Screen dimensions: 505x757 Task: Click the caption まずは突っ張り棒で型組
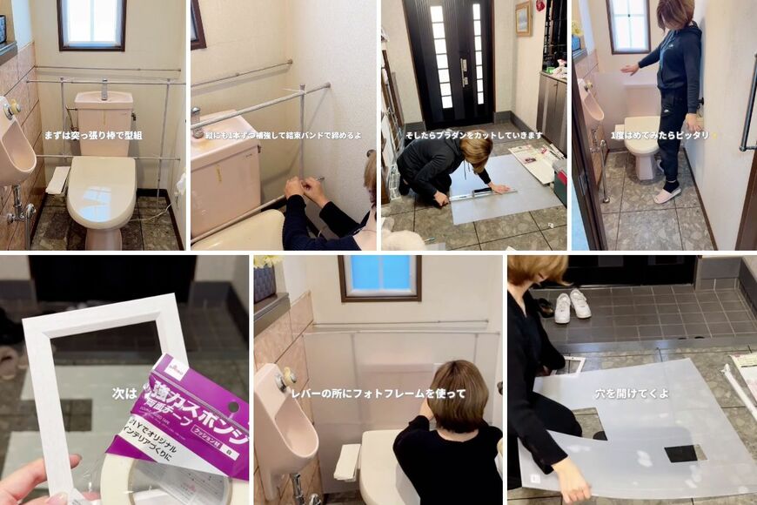click(93, 135)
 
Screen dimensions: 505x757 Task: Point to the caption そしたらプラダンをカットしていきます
click(473, 136)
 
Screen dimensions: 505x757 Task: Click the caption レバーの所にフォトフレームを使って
click(378, 394)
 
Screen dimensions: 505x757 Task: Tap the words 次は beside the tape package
click(124, 394)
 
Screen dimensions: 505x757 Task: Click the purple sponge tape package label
click(183, 409)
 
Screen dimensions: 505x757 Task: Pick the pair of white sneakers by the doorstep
click(571, 305)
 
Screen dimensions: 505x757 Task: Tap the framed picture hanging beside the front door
click(522, 18)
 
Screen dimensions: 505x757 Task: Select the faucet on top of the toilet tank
click(104, 89)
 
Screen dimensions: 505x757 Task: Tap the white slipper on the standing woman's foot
click(667, 195)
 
